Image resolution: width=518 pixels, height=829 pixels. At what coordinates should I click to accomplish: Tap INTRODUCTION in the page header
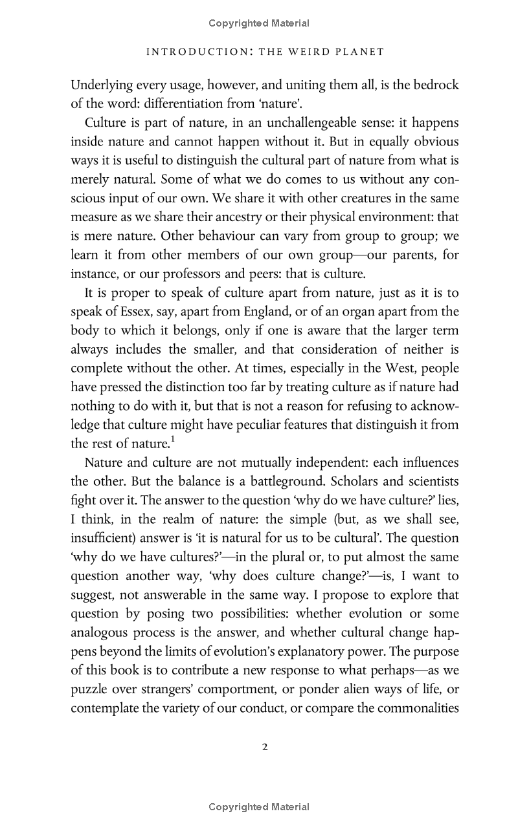[198, 52]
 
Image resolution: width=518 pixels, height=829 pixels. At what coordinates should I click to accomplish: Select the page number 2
[265, 748]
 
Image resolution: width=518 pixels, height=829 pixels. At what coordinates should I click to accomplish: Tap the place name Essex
[133, 311]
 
